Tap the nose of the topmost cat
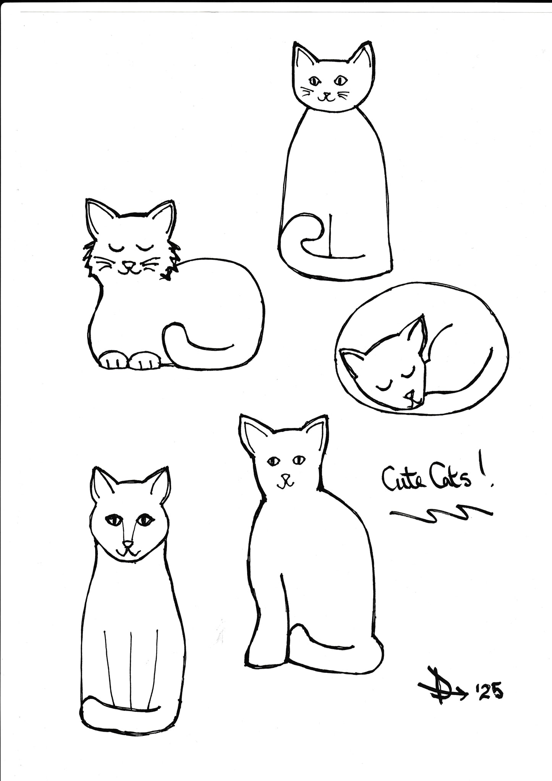click(x=325, y=93)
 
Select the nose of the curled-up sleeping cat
click(x=409, y=394)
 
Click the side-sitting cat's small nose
click(x=284, y=478)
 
